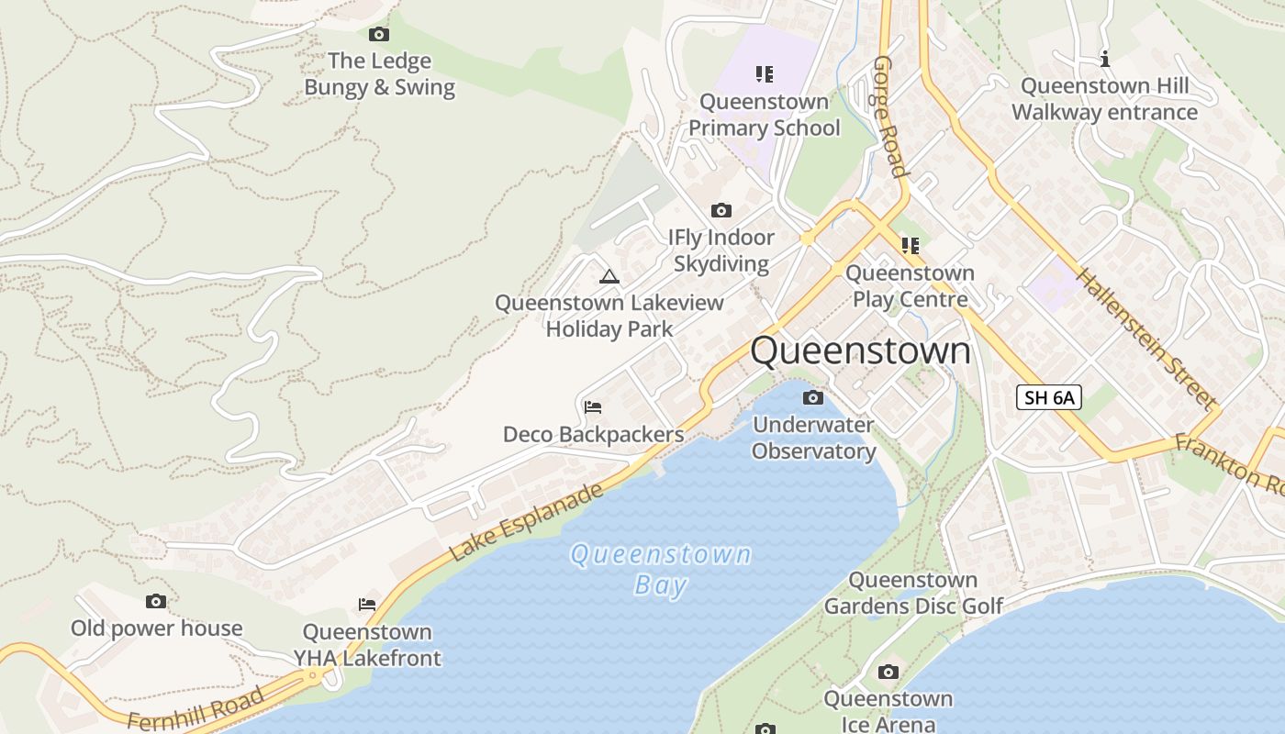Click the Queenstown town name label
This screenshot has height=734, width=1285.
[860, 350]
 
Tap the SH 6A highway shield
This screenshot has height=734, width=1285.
[1049, 397]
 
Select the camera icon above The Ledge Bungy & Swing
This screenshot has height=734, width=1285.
[378, 35]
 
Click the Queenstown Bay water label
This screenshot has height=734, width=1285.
[660, 569]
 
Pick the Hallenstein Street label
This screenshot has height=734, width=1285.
[1145, 339]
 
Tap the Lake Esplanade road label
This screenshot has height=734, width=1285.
[527, 521]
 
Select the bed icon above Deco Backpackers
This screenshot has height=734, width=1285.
[593, 407]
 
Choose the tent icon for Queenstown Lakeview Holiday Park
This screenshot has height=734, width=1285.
[609, 276]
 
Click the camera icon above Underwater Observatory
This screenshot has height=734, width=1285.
[812, 398]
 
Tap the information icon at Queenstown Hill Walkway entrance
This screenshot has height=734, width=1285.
[1105, 60]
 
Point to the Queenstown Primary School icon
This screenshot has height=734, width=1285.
[764, 74]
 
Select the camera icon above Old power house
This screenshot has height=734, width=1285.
[156, 602]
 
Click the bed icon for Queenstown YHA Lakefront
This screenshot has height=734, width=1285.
[367, 605]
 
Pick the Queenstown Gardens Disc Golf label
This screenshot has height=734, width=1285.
[912, 593]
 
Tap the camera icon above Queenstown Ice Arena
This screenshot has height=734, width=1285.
[888, 673]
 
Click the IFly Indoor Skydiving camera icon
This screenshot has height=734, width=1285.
[721, 211]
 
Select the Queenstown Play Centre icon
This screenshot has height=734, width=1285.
[910, 246]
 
